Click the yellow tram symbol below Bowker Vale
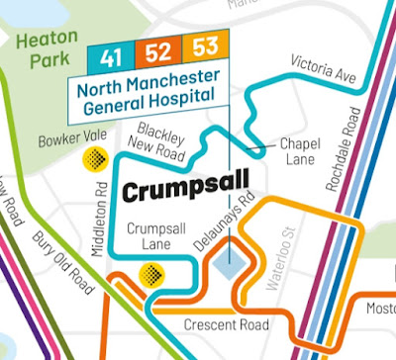(93, 157)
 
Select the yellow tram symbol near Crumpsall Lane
(152, 273)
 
